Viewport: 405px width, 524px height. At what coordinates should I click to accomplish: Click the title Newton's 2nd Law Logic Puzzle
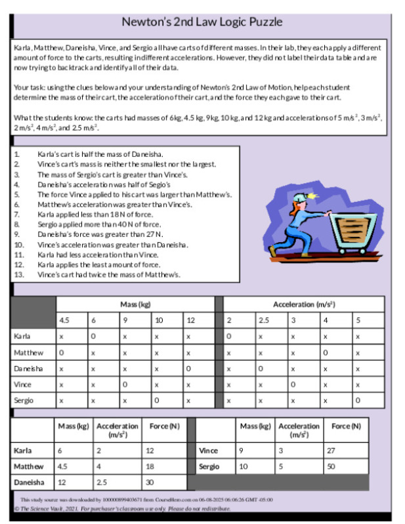tap(202, 22)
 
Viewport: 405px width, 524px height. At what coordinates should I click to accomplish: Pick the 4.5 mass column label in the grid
tap(64, 320)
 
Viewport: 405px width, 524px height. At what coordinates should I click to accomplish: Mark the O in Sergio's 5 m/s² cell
tap(358, 400)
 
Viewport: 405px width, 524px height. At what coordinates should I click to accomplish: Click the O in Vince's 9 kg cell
tap(125, 384)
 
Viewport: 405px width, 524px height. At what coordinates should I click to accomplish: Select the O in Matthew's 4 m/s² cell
tap(325, 353)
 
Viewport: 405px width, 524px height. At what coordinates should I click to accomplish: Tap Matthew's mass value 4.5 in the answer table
tap(63, 466)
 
